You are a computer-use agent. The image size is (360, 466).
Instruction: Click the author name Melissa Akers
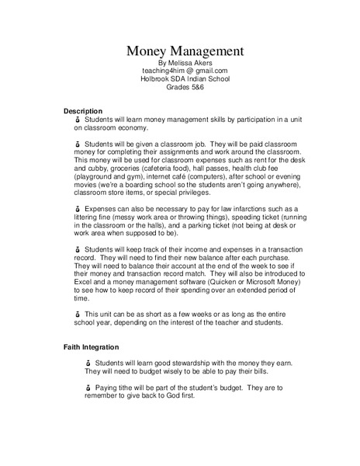tap(185, 63)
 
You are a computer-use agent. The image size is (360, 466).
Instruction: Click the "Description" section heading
tap(83, 112)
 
